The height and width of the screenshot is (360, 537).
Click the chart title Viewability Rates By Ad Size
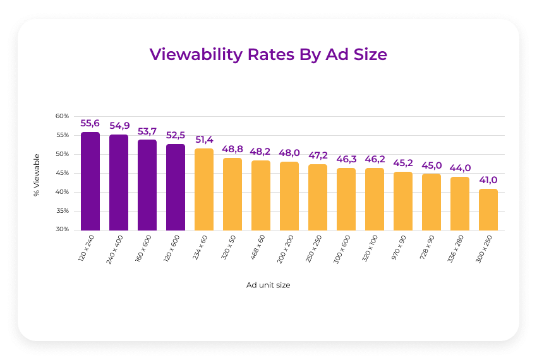coord(268,54)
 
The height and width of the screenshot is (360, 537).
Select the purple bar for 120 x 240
coord(90,181)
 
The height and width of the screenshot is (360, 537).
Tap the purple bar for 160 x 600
coord(147,185)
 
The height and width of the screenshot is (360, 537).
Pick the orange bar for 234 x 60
coord(204,189)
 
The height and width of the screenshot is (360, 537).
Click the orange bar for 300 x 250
coord(488,210)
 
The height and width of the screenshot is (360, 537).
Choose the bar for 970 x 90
coord(403,201)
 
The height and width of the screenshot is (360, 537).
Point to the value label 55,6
coord(90,124)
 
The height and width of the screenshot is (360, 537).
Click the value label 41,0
coord(488,180)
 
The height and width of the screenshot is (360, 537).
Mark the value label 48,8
coord(232,149)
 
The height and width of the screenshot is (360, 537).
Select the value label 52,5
coord(176,135)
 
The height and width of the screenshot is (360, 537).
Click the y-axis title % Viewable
coord(37,174)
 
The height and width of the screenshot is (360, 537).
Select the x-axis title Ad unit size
coord(268,285)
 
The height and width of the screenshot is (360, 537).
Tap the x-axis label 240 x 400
coord(116,249)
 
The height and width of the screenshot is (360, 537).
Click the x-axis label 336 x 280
coord(457,249)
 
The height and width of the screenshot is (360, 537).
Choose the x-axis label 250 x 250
coord(315,249)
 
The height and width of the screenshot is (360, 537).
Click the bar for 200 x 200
coord(289,196)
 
